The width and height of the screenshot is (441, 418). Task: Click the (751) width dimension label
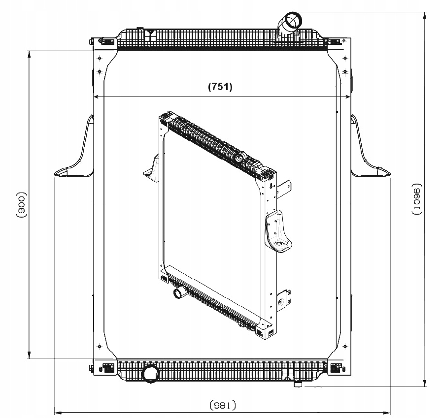(x=220, y=87)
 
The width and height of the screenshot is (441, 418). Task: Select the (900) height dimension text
(x=21, y=205)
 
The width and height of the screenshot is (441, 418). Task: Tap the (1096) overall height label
(x=417, y=199)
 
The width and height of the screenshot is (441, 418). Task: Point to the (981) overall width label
(x=223, y=406)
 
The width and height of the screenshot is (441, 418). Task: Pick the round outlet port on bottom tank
(x=151, y=374)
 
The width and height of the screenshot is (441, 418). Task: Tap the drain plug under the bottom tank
(x=298, y=384)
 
